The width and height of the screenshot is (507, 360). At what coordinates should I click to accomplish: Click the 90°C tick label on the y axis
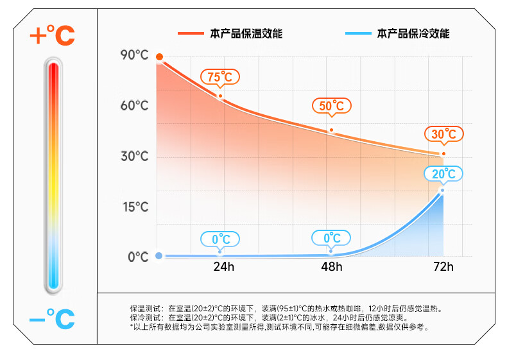pyautogui.click(x=134, y=55)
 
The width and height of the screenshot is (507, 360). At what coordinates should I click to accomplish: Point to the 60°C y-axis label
pyautogui.click(x=134, y=105)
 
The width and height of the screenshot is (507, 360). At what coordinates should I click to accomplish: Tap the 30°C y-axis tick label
pyautogui.click(x=134, y=156)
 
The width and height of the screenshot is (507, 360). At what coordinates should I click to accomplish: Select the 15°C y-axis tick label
pyautogui.click(x=134, y=207)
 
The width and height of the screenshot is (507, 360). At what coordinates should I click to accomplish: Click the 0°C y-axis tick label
pyautogui.click(x=137, y=257)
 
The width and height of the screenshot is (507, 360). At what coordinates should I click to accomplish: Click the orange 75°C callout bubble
pyautogui.click(x=220, y=77)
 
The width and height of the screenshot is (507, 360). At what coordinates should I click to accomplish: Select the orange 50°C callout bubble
pyautogui.click(x=332, y=106)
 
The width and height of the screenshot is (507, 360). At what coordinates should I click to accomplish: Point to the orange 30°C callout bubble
pyautogui.click(x=443, y=134)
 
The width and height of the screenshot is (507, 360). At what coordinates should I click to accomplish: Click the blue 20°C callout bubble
pyautogui.click(x=443, y=174)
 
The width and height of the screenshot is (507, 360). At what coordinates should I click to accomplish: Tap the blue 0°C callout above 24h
pyautogui.click(x=220, y=239)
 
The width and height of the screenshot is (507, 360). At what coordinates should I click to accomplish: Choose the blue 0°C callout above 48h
pyautogui.click(x=332, y=239)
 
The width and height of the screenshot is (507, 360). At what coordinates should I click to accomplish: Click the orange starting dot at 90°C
pyautogui.click(x=159, y=57)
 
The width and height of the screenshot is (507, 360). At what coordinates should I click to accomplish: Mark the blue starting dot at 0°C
pyautogui.click(x=159, y=256)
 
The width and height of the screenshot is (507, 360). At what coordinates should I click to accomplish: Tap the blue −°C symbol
pyautogui.click(x=52, y=318)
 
